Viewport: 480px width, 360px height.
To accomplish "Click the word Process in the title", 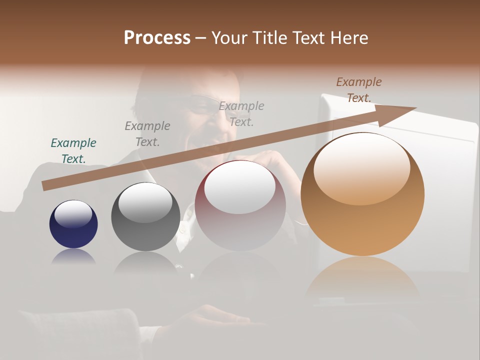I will [x=157, y=38].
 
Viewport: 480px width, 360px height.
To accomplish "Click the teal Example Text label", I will [x=73, y=150].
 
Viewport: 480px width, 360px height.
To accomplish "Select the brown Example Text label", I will [x=359, y=89].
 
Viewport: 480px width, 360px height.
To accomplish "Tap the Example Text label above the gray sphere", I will [x=147, y=133].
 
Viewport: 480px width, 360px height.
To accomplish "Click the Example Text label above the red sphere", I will [x=241, y=113].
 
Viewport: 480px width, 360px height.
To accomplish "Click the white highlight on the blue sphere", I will [x=73, y=213].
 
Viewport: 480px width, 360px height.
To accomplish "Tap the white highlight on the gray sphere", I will [x=145, y=202].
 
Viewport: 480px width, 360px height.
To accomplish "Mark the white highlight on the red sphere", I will [x=240, y=187].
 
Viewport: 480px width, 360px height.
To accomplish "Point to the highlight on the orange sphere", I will [x=361, y=167].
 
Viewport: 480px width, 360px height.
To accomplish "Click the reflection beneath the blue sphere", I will [x=73, y=256].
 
